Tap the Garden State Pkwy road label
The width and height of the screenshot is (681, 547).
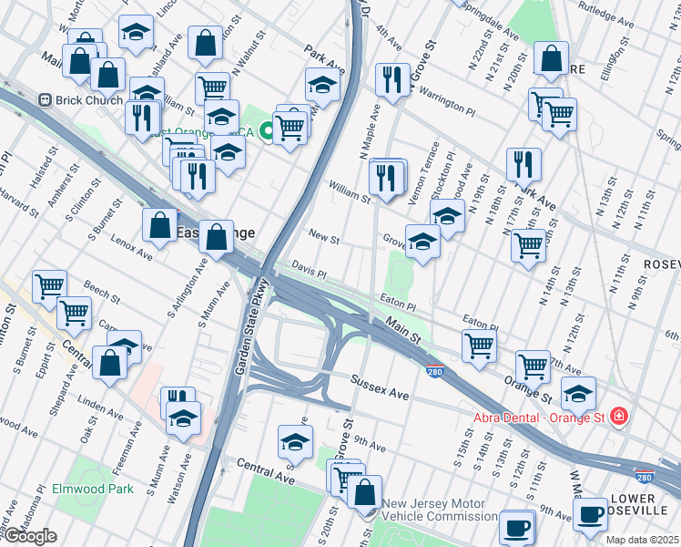[x=243, y=325]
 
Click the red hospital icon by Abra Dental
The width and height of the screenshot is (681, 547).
[x=619, y=417]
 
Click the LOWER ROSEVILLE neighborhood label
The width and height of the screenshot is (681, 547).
[x=643, y=505]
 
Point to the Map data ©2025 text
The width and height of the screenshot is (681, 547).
[x=640, y=539]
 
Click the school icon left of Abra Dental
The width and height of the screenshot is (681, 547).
[x=577, y=394]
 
